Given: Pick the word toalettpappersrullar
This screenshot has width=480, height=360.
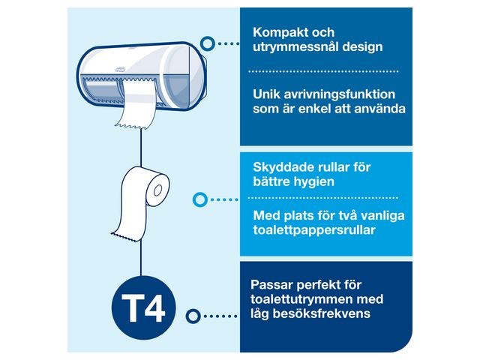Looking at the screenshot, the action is (314, 230).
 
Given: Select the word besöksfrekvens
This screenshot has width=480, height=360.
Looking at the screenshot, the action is (322, 313).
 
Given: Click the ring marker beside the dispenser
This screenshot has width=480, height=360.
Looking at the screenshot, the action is (208, 43).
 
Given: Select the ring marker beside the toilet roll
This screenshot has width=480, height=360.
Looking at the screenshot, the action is (200, 200).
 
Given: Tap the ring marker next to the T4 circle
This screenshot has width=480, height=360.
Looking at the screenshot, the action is (193, 316).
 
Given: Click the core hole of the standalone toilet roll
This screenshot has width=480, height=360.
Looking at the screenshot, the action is (158, 190).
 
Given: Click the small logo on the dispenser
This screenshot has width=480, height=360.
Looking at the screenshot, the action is (119, 69).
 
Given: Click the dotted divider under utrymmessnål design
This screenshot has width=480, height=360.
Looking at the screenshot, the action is (323, 72).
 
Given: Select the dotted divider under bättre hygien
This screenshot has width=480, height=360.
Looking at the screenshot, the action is (323, 198).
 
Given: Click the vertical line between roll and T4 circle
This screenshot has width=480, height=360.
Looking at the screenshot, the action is (141, 258).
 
